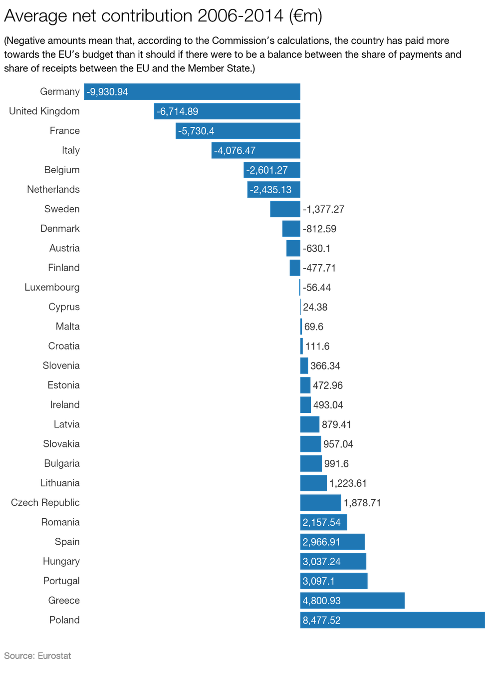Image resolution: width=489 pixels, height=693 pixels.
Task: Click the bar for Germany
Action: click(x=192, y=92)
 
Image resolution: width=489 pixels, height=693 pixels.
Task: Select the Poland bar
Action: click(x=392, y=620)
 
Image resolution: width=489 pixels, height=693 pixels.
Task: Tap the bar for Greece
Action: click(x=352, y=601)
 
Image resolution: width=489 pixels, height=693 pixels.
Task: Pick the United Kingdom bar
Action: click(x=227, y=111)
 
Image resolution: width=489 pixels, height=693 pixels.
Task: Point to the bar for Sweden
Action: click(x=285, y=209)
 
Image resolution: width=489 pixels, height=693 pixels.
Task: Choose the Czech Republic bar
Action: click(x=320, y=503)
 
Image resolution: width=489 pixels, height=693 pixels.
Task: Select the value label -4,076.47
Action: click(x=235, y=150)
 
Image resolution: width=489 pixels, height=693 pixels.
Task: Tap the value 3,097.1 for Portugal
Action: click(x=318, y=581)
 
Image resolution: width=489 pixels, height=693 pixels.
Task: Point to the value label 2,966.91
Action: click(x=321, y=542)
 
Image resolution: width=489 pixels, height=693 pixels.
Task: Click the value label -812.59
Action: click(x=319, y=229)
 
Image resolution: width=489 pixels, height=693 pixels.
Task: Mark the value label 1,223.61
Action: click(x=348, y=483)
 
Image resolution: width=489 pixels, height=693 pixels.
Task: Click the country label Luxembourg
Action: click(x=52, y=288)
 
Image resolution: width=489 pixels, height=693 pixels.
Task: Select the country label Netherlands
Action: click(x=53, y=190)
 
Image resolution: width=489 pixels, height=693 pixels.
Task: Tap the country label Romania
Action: click(x=60, y=522)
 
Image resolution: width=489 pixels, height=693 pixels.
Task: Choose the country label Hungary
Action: click(x=61, y=562)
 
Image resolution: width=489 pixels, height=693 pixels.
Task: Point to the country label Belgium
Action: click(x=62, y=170)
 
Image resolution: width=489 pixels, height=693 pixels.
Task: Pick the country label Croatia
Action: click(x=64, y=346)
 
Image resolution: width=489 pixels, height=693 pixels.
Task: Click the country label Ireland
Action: click(x=65, y=405)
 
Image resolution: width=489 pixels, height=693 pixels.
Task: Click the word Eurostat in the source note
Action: click(x=54, y=656)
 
